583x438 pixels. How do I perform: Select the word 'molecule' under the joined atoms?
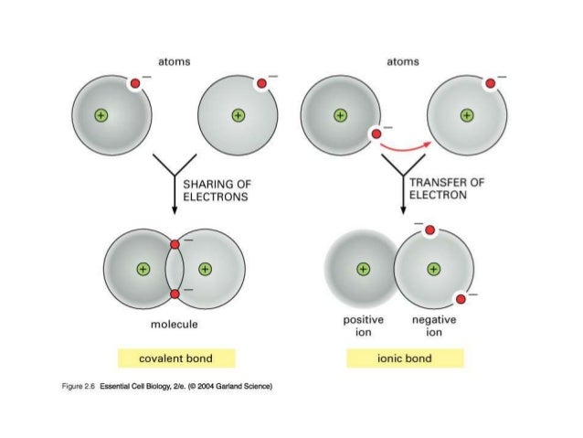pos(173,324)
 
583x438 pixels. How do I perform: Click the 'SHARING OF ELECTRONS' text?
pos(217,189)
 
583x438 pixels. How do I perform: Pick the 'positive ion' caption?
pos(363,326)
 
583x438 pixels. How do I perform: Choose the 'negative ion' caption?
pos(434,326)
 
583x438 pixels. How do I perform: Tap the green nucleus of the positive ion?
pos(364,269)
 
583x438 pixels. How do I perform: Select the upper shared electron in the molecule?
pos(174,244)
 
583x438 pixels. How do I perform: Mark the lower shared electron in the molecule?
pos(174,294)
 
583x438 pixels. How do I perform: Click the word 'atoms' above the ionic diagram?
pos(403,61)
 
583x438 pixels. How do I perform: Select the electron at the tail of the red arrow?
pos(374,134)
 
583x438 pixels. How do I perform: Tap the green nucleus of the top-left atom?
pos(102,115)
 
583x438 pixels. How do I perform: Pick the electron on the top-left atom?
pos(134,85)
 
